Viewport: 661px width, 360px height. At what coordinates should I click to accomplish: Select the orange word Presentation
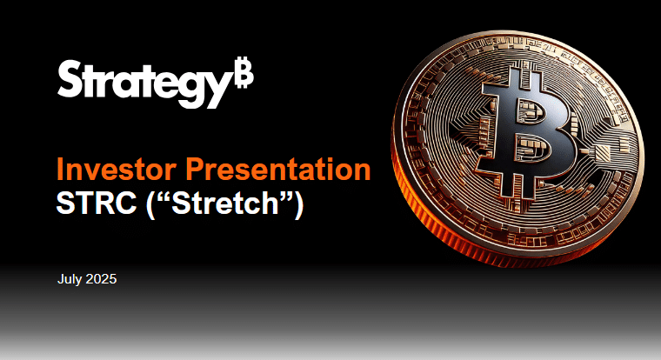pyautogui.click(x=278, y=169)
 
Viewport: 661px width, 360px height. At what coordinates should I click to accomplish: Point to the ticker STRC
pyautogui.click(x=97, y=203)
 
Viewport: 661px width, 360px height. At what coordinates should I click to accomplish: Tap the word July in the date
pyautogui.click(x=70, y=279)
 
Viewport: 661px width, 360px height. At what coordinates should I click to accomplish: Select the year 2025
pyautogui.click(x=101, y=279)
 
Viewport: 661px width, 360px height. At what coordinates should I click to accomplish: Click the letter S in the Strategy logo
pyautogui.click(x=69, y=78)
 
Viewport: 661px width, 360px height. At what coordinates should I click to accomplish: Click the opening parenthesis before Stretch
pyautogui.click(x=150, y=204)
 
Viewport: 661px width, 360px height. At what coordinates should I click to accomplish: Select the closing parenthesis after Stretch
pyautogui.click(x=299, y=204)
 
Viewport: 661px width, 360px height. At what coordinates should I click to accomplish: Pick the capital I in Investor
pyautogui.click(x=60, y=169)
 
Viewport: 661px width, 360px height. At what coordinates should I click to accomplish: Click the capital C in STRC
pyautogui.click(x=125, y=203)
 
